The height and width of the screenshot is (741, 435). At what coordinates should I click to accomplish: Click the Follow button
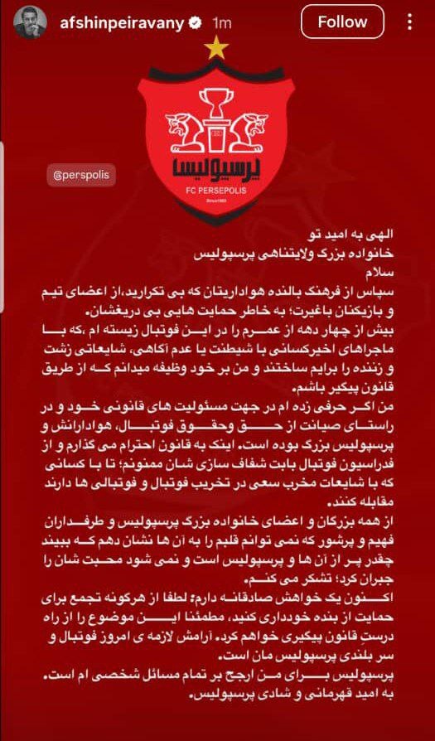341,22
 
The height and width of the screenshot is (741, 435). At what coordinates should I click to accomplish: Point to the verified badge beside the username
195,23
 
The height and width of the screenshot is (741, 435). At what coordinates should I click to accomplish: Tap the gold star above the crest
216,49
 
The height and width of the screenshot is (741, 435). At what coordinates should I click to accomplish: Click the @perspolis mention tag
80,176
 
